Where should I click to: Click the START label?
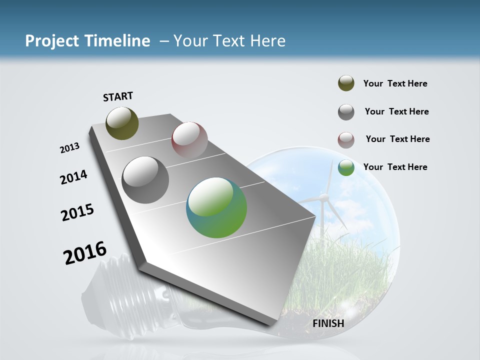click(118, 96)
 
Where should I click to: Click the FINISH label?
click(328, 323)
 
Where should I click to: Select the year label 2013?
click(69, 148)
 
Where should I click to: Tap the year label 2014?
click(73, 177)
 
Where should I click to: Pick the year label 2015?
click(77, 212)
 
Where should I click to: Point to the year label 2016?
click(85, 253)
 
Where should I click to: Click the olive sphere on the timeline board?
click(122, 123)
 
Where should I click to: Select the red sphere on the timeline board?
click(189, 139)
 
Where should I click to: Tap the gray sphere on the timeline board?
click(145, 179)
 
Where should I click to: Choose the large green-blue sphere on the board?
click(216, 207)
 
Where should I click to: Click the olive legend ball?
click(346, 83)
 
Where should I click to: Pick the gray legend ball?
click(346, 112)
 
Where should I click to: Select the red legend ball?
click(346, 140)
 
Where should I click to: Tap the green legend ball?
click(346, 167)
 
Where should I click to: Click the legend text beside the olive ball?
click(395, 83)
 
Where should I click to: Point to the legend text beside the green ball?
click(395, 167)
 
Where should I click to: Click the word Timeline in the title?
click(117, 41)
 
